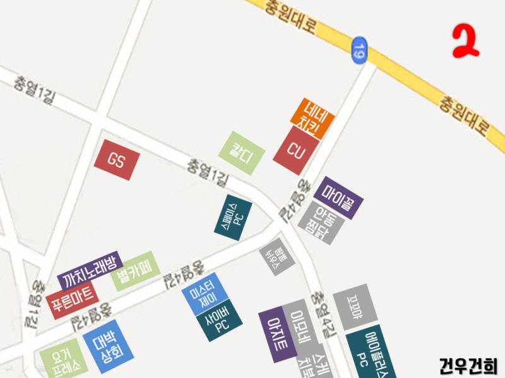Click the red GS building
coord(117,159)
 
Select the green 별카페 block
coord(133,271)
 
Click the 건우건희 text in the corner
coord(468,365)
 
